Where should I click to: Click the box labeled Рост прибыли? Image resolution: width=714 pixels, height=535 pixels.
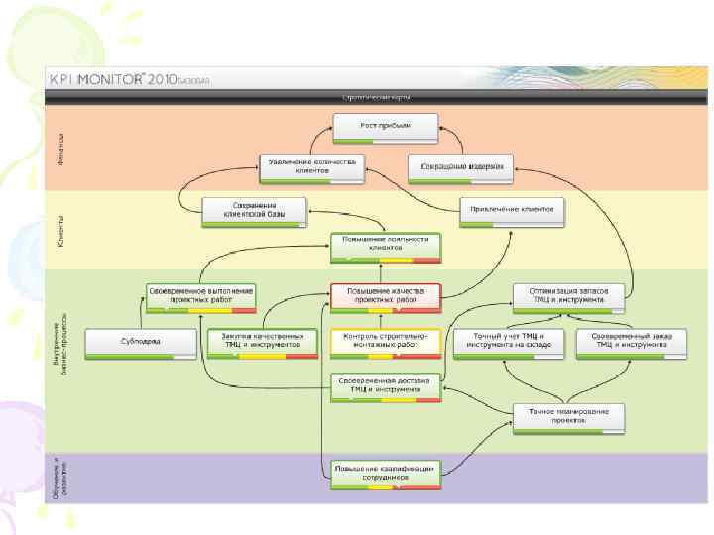point(385,126)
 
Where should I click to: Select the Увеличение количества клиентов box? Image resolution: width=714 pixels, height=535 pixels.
point(312,166)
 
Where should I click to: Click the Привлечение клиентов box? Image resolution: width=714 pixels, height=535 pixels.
point(513,210)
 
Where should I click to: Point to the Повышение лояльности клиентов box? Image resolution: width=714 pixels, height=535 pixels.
point(386,246)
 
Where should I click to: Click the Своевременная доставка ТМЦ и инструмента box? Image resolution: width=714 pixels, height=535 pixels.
point(386,385)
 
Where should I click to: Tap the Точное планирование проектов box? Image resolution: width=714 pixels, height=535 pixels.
point(569,416)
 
